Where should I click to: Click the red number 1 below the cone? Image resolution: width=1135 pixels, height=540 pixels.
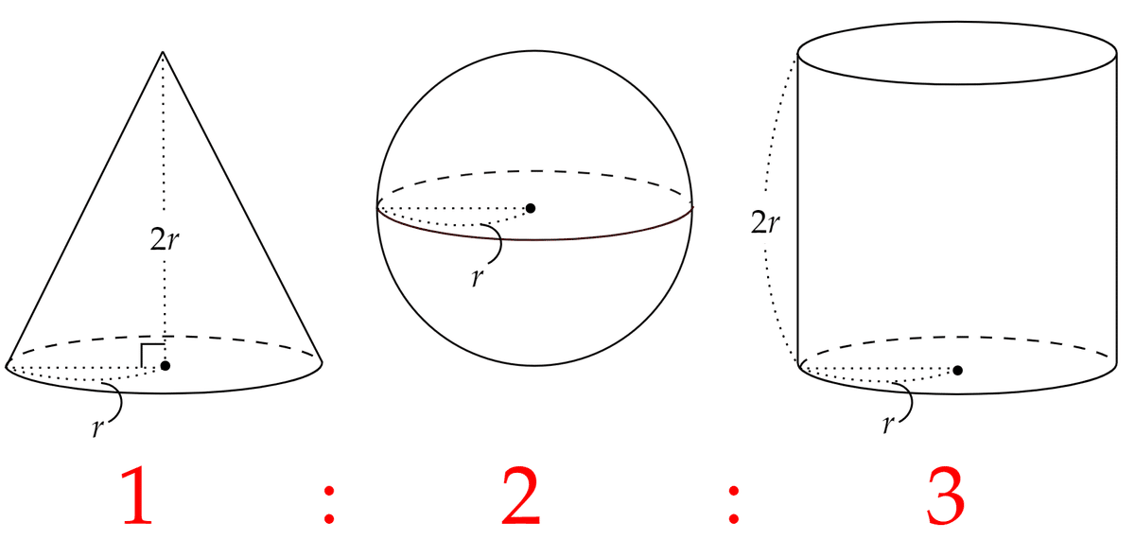137,496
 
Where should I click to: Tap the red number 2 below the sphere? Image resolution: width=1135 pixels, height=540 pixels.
520,496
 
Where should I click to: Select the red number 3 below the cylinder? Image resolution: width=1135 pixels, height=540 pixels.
946,496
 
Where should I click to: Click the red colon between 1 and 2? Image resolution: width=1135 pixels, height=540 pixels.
329,505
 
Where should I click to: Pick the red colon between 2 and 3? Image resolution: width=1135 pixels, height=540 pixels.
733,505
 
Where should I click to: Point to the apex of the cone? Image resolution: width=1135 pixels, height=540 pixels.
163,51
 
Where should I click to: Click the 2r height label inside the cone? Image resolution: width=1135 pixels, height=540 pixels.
165,239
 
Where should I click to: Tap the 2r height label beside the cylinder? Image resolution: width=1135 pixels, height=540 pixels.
765,222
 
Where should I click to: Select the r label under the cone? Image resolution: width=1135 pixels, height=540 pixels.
97,428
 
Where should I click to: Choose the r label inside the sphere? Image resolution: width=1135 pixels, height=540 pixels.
478,278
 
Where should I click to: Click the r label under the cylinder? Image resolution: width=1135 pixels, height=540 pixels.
888,424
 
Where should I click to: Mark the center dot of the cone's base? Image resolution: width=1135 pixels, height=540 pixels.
166,366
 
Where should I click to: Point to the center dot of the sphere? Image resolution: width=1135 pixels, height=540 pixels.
531,208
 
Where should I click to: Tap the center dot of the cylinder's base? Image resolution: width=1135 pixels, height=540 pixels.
957,371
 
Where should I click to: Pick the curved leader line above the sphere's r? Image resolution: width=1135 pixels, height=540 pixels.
500,243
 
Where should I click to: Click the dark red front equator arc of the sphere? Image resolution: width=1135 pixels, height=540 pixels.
535,238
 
